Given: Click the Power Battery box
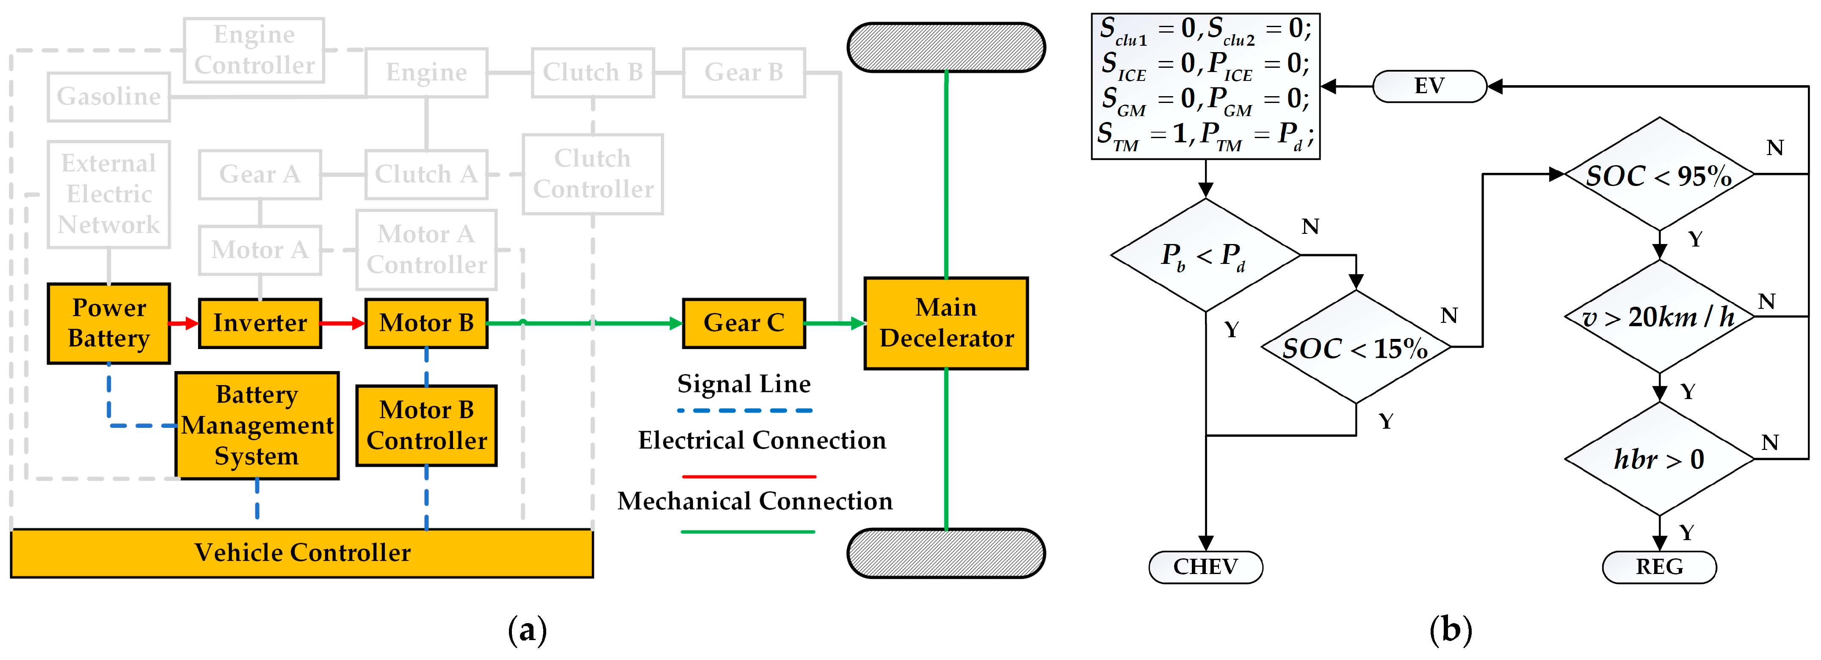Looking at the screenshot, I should pos(109,323).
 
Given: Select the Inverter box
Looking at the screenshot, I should pos(260,323).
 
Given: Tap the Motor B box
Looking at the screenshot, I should pos(426,323).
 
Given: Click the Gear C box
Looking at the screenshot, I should pos(743,323).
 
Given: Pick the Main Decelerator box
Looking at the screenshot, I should pos(946,323).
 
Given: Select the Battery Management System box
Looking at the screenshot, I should pos(257,425).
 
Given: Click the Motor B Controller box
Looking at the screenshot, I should pos(426,425).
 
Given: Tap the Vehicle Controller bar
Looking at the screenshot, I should pos(302,552).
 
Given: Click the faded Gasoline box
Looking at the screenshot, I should pos(109,96).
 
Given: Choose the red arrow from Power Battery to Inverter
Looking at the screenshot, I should pos(184,323).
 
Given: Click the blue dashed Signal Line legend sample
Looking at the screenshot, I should pos(744,410).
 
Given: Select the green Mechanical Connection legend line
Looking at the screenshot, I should pos(748,531).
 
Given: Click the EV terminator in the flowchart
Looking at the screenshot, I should pos(1429,86).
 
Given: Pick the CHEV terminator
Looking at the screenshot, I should pos(1205,567).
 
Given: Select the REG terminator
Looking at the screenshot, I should pos(1659,567).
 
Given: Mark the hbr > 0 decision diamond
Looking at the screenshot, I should pos(1659,459).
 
